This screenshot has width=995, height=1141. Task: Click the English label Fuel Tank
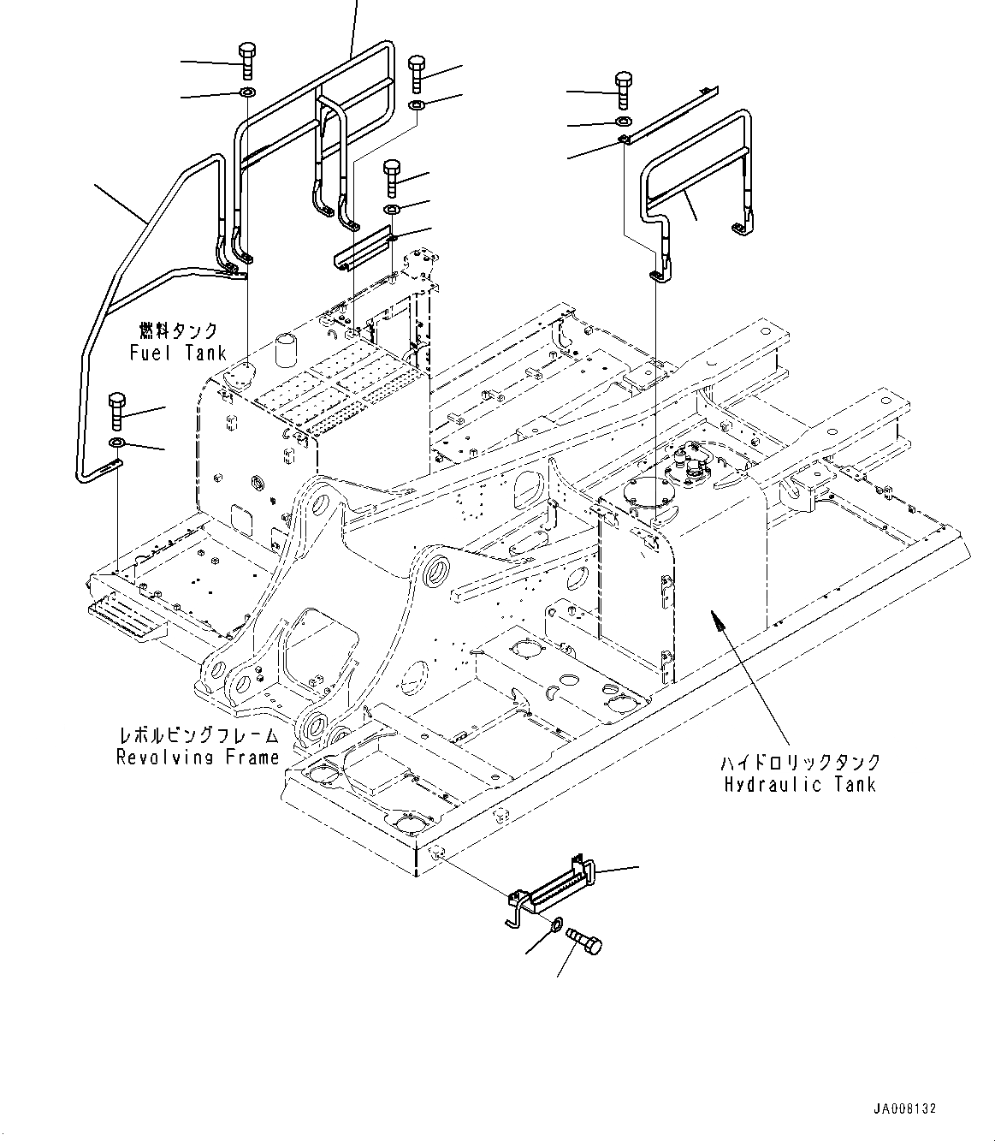[178, 353]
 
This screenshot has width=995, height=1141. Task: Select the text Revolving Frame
[198, 757]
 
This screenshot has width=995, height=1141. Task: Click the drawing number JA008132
[905, 1108]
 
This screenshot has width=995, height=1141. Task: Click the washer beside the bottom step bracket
[556, 924]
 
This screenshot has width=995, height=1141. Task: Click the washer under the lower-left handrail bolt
[116, 443]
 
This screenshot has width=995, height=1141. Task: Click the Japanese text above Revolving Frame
[198, 734]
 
